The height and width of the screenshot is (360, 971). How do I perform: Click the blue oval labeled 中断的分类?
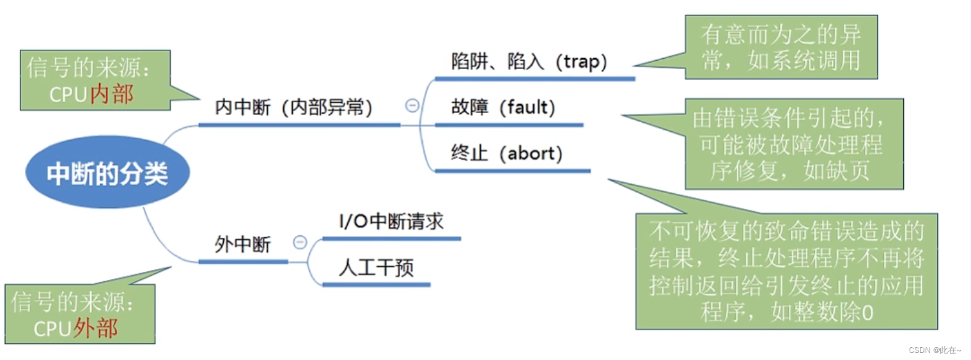(x=107, y=173)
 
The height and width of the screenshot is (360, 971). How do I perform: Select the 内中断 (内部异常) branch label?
(x=294, y=107)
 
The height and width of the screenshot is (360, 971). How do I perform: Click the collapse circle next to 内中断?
(x=412, y=106)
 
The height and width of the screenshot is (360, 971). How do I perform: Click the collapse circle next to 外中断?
(x=300, y=242)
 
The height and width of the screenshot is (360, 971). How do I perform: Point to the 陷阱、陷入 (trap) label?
(x=529, y=61)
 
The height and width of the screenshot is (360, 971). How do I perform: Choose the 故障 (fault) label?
(x=503, y=107)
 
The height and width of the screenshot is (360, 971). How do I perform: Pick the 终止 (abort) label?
(x=507, y=153)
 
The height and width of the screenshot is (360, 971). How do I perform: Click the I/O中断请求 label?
(x=391, y=221)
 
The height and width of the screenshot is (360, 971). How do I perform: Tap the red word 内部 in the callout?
(x=112, y=94)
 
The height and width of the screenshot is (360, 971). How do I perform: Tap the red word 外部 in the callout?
(x=96, y=328)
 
